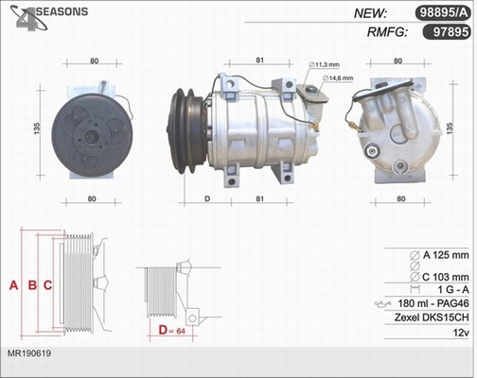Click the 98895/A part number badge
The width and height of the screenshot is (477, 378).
(443, 13)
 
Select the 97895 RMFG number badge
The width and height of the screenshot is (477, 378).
(447, 32)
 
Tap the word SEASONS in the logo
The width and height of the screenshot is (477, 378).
(62, 11)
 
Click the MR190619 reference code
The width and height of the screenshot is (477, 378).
(29, 353)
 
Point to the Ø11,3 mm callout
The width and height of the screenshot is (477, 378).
(325, 64)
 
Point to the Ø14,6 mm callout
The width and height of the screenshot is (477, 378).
(338, 77)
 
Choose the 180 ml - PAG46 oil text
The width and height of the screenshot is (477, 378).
(433, 303)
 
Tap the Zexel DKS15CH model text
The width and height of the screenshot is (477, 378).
(432, 318)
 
